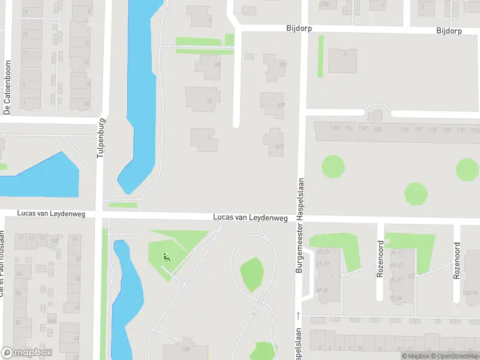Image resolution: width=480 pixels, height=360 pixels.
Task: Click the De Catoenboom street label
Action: click(8, 88)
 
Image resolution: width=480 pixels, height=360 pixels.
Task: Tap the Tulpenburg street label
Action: click(101, 138)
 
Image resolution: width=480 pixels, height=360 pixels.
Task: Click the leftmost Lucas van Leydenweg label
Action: click(52, 214)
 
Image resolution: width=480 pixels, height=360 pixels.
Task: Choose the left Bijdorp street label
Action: click(299, 29)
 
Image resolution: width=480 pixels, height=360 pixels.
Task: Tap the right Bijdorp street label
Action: click(449, 31)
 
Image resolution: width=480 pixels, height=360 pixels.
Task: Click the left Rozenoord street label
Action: click(380, 259)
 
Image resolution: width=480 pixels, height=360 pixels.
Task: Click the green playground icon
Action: click(166, 257)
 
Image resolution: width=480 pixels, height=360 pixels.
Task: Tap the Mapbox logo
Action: click(26, 353)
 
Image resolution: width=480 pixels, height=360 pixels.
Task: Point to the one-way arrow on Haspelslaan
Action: click(298, 316)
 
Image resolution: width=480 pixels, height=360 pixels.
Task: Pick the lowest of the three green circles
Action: click(416, 194)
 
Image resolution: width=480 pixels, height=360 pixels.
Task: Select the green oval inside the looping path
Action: click(252, 274)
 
